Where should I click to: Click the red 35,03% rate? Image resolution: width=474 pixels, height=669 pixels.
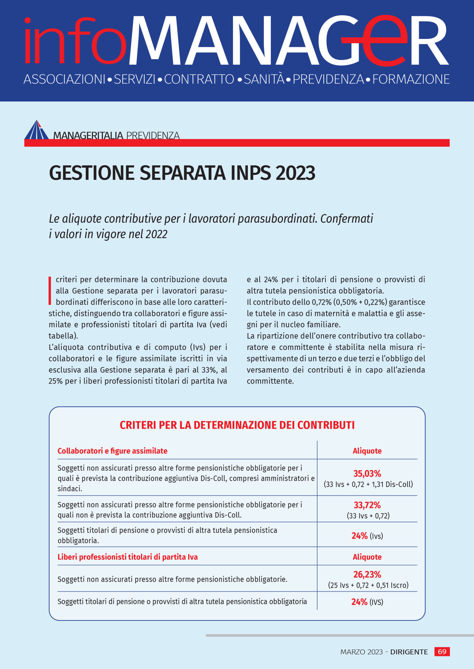(367, 473)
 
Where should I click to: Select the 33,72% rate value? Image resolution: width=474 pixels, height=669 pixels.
(367, 505)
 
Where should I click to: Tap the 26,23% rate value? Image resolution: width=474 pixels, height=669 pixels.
(367, 574)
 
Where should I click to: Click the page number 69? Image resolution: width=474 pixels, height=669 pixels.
(442, 651)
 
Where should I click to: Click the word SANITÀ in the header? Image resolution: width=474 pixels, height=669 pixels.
(264, 79)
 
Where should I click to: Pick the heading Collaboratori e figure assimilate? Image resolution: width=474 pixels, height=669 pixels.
(112, 451)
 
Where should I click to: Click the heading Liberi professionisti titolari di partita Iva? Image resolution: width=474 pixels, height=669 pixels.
(127, 557)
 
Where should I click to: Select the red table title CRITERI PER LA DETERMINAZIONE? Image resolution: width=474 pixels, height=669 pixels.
(237, 425)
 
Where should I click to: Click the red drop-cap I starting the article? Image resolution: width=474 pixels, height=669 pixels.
(50, 291)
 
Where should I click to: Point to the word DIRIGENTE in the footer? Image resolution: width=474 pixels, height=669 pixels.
(409, 652)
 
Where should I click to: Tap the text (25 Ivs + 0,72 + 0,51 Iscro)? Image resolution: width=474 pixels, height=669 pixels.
(368, 585)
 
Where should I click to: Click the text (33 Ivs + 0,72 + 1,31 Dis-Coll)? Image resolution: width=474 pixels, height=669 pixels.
(368, 484)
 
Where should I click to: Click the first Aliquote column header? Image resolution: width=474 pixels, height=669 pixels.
(367, 451)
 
